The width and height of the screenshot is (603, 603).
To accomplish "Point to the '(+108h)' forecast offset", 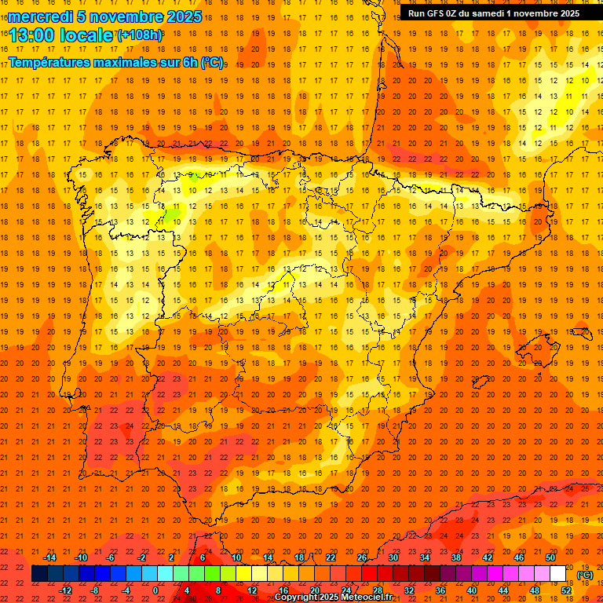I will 140,35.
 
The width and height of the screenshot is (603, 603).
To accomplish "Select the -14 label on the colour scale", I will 49,557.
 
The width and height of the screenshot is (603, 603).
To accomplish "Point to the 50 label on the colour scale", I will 550,557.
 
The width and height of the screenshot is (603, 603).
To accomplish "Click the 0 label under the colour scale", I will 155,590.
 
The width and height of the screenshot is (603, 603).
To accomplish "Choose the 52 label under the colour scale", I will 566,590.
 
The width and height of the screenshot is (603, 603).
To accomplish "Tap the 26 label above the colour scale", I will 362,557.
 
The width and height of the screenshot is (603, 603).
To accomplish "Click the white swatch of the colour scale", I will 558,574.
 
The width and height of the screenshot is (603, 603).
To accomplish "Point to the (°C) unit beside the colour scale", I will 585,575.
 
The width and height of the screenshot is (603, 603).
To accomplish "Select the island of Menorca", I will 582,331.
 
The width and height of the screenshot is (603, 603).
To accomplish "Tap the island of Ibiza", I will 481,382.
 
